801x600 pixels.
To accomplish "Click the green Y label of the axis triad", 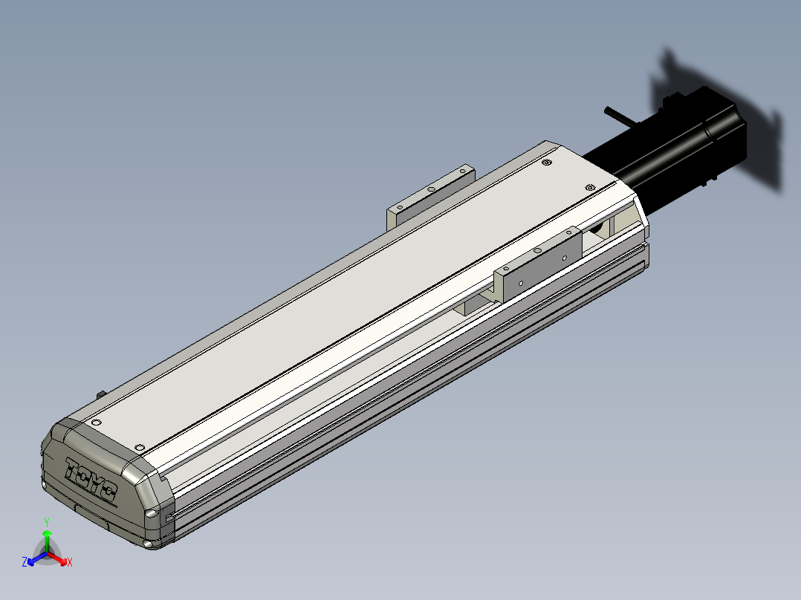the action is [x=47, y=522].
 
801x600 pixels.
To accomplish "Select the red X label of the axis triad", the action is [x=70, y=562].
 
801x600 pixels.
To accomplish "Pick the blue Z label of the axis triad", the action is [x=25, y=561].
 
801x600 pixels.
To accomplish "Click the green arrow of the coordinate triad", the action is [x=47, y=541].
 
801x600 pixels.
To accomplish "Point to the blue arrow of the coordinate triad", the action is [x=37, y=558].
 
